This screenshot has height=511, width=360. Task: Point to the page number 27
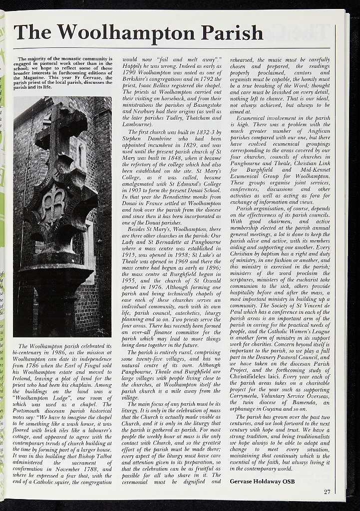click(327, 492)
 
